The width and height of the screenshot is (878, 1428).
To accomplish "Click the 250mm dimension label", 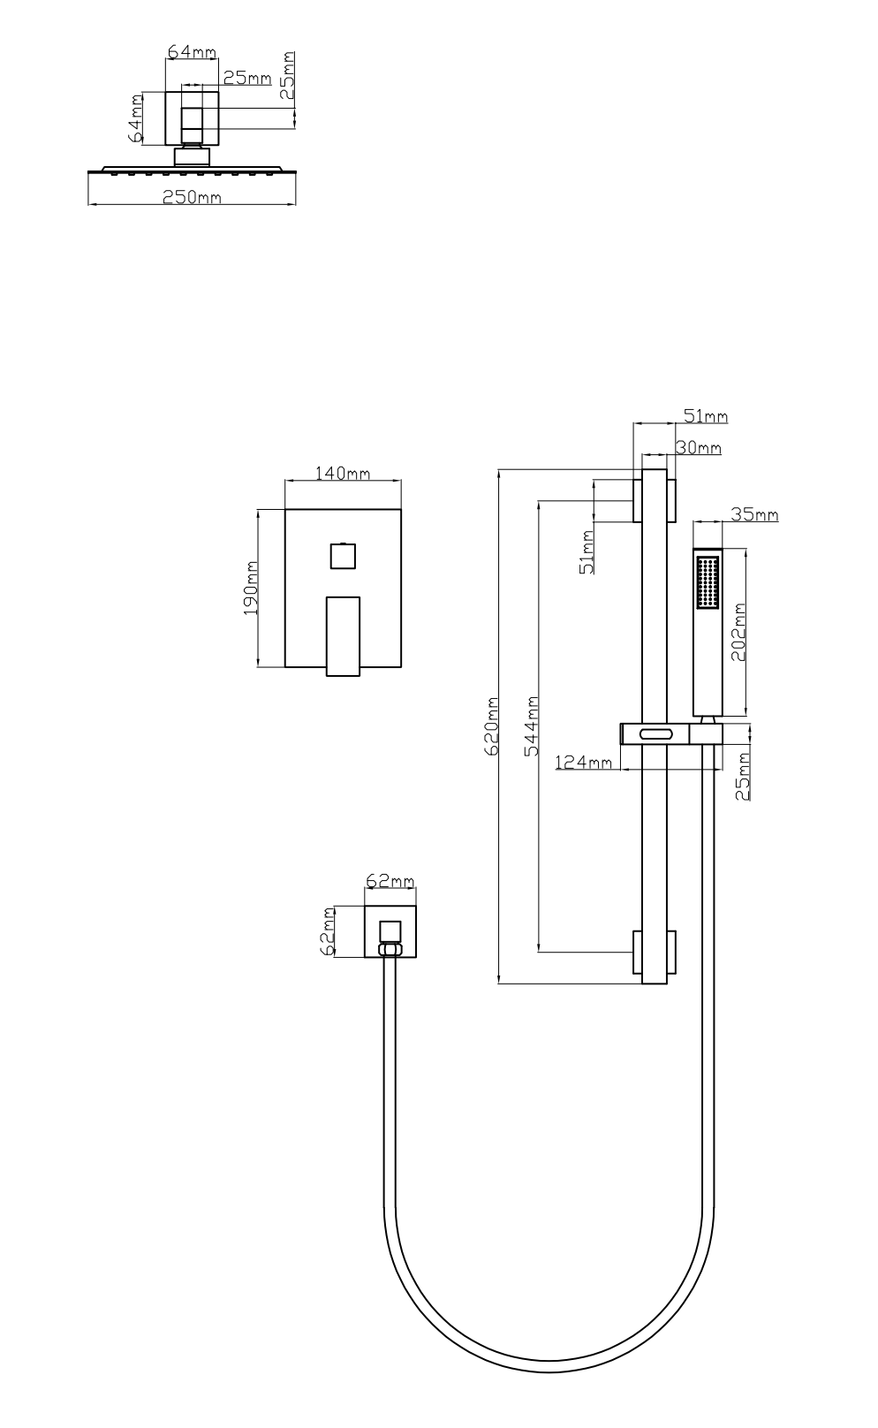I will click(191, 197).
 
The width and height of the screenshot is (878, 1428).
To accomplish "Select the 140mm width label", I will click(343, 474).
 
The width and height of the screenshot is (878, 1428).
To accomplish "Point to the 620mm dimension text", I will click(493, 725).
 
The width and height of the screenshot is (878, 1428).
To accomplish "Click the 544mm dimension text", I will click(532, 725).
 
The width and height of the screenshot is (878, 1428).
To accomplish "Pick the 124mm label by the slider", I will click(584, 762).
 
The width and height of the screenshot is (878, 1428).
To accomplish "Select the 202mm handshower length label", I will click(739, 632).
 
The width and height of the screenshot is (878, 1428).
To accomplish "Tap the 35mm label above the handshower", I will click(753, 514).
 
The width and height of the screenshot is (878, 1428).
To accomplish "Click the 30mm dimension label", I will click(699, 448).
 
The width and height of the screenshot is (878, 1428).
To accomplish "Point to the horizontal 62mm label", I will click(390, 882).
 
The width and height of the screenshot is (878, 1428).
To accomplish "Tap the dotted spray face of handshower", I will click(707, 581).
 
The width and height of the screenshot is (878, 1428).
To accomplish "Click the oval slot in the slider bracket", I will click(655, 733).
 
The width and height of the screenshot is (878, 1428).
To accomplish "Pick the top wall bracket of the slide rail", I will click(654, 500).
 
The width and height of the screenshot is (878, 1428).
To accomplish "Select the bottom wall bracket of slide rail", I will click(654, 952).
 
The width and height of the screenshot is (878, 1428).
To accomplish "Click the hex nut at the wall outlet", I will click(390, 950).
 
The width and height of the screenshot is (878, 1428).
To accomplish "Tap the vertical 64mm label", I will click(135, 118).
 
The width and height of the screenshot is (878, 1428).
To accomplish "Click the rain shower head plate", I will click(193, 170).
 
